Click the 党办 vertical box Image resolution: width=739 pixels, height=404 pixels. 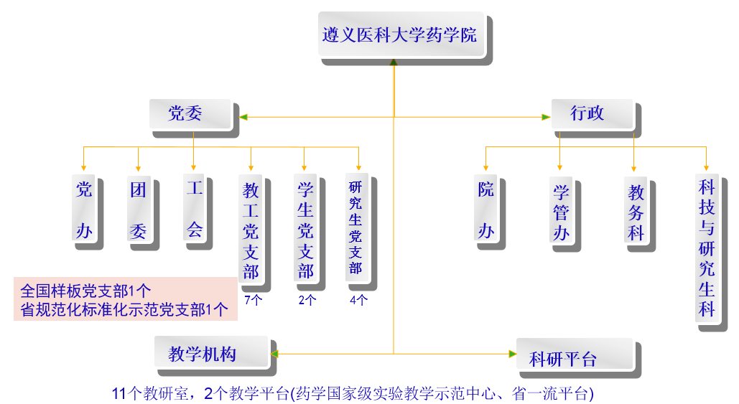pyautogui.click(x=84, y=210)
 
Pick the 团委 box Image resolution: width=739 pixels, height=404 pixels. pyautogui.click(x=139, y=210)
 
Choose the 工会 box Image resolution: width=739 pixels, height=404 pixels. pyautogui.click(x=195, y=210)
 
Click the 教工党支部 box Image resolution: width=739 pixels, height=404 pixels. pyautogui.click(x=251, y=230)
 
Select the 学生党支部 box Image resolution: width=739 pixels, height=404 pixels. pyautogui.click(x=306, y=230)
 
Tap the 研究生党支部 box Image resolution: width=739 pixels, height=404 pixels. pyautogui.click(x=355, y=227)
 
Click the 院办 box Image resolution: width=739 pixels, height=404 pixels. pyautogui.click(x=486, y=210)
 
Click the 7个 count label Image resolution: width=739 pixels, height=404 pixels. pyautogui.click(x=254, y=300)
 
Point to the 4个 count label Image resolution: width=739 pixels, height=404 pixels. pyautogui.click(x=358, y=300)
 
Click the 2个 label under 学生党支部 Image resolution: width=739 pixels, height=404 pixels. pyautogui.click(x=307, y=300)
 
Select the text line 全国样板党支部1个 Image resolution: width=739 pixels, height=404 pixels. pyautogui.click(x=86, y=291)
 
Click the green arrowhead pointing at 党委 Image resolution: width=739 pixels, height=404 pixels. pyautogui.click(x=243, y=117)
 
